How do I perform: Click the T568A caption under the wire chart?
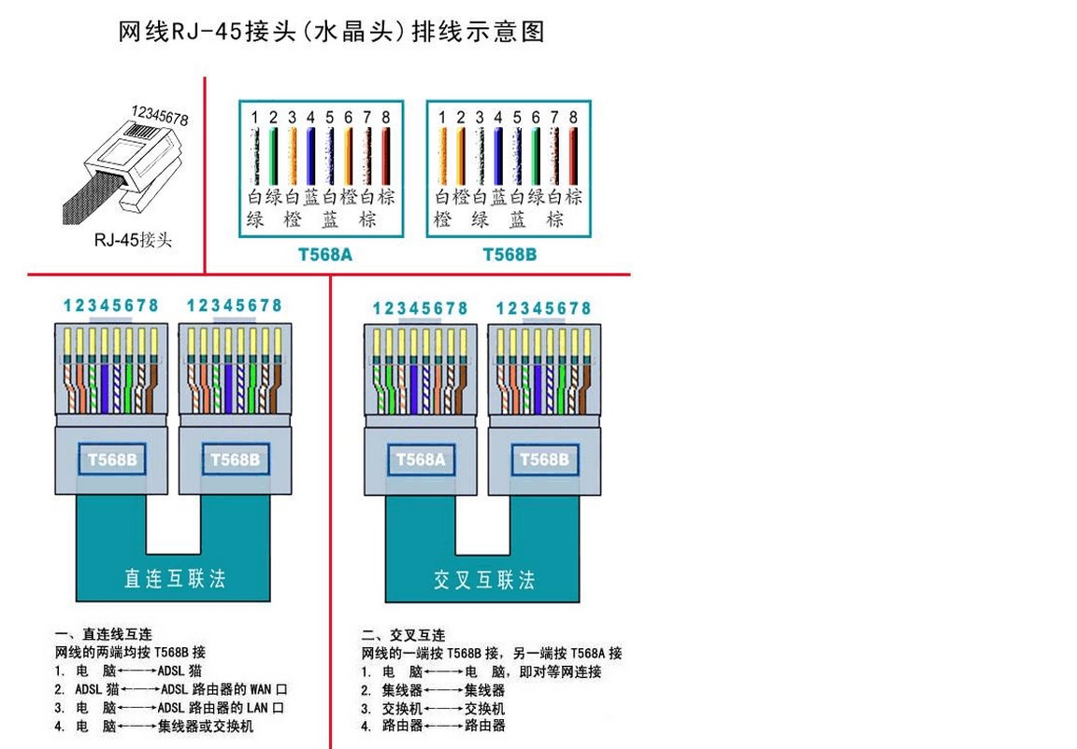324,254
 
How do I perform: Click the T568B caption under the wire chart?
510,254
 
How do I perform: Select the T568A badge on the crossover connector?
420,459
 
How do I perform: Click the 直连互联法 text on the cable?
175,578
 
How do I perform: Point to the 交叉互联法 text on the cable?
483,580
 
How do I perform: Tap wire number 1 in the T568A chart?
253,117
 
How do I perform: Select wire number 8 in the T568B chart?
573,117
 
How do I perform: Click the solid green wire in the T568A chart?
273,156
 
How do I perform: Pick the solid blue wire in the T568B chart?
498,156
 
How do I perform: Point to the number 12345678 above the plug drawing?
160,116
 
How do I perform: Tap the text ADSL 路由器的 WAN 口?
222,689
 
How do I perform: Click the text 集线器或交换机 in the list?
206,726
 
